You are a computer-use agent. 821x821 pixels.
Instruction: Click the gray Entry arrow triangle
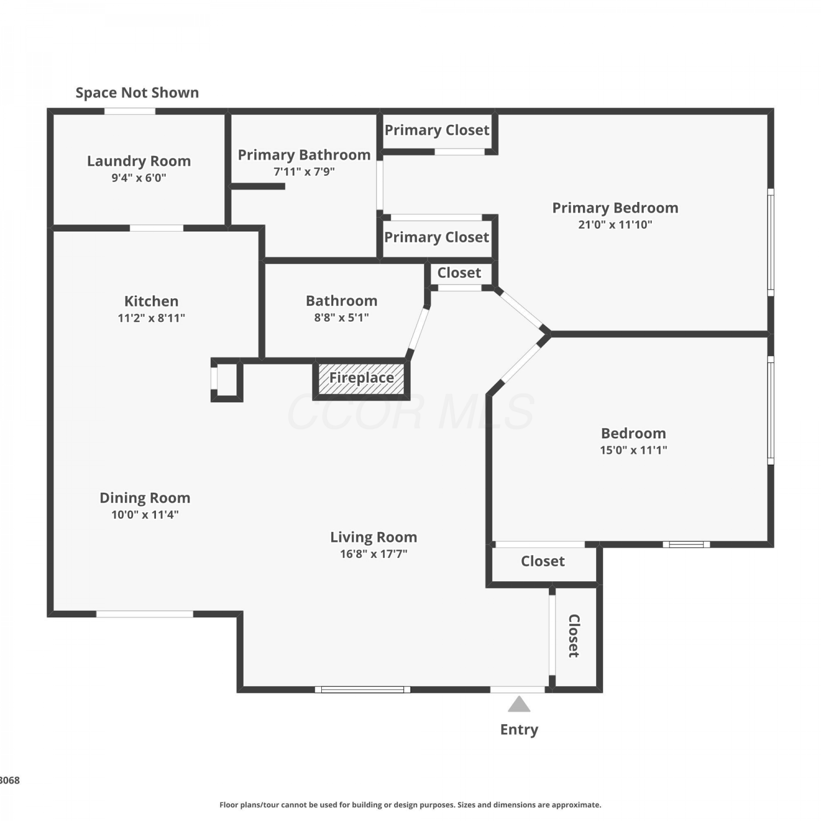519,704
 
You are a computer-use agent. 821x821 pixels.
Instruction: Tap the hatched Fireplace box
361,378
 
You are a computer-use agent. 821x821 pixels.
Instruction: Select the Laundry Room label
139,161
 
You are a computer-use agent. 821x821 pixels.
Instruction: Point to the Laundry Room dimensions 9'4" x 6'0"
139,177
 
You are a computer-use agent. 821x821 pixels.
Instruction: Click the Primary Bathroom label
304,155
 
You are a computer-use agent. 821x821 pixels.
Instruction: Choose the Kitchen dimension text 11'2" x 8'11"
152,318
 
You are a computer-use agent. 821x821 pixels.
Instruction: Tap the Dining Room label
145,498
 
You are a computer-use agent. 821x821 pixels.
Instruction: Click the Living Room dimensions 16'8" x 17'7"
374,554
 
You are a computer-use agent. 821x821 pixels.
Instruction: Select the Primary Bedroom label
615,208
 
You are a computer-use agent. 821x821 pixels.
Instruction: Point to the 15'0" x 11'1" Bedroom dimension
634,450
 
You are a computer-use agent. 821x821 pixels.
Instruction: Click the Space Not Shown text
137,92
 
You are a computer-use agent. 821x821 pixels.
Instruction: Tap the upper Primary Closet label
437,130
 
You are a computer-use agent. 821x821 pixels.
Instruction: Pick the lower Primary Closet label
437,237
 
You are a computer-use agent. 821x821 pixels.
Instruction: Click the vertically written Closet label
574,635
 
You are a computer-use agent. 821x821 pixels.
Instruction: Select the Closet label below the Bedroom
543,561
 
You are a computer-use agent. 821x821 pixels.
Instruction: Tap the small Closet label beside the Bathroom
459,273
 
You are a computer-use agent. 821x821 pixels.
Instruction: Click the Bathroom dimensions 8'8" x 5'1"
342,317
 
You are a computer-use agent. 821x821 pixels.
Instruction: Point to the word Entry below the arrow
519,730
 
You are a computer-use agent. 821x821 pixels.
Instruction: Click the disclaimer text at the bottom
410,805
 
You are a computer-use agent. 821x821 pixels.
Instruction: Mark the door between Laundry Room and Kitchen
157,228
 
